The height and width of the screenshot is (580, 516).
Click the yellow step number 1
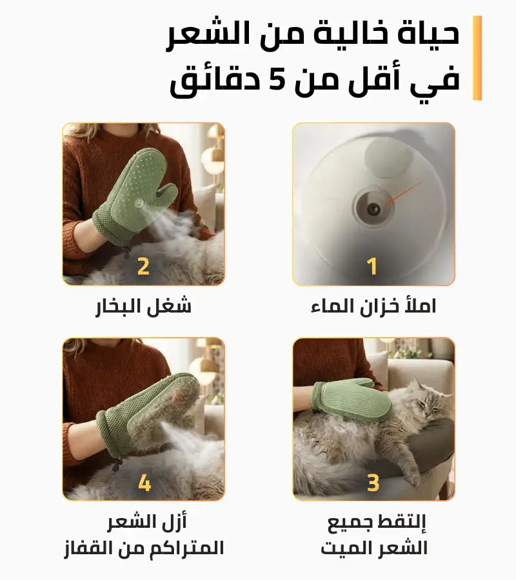point(372,266)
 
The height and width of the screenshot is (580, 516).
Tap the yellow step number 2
point(143,266)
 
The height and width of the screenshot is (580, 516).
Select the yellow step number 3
point(373,482)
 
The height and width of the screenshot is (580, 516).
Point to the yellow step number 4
point(144,483)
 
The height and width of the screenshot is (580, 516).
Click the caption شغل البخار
point(143,307)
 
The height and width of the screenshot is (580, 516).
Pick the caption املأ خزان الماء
point(373,306)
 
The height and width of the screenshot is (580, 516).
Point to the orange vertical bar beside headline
point(477,58)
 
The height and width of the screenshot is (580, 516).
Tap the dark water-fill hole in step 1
point(373,209)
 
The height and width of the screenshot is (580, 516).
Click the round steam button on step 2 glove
point(139,203)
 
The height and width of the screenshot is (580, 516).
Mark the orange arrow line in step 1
point(404,191)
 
